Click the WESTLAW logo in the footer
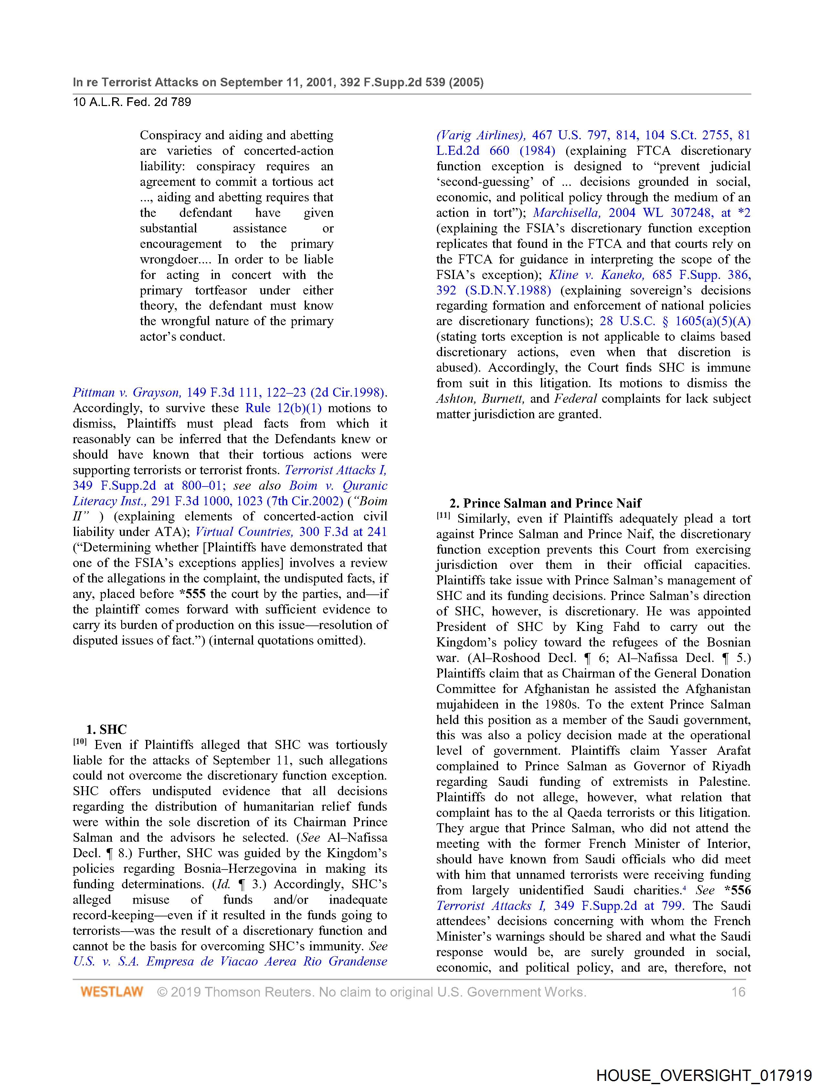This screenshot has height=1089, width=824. coord(112,991)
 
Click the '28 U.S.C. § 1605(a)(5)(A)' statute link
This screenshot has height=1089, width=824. coord(675,321)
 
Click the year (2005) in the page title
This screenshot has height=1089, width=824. coord(466,82)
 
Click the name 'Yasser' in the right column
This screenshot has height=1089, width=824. coord(688,751)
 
